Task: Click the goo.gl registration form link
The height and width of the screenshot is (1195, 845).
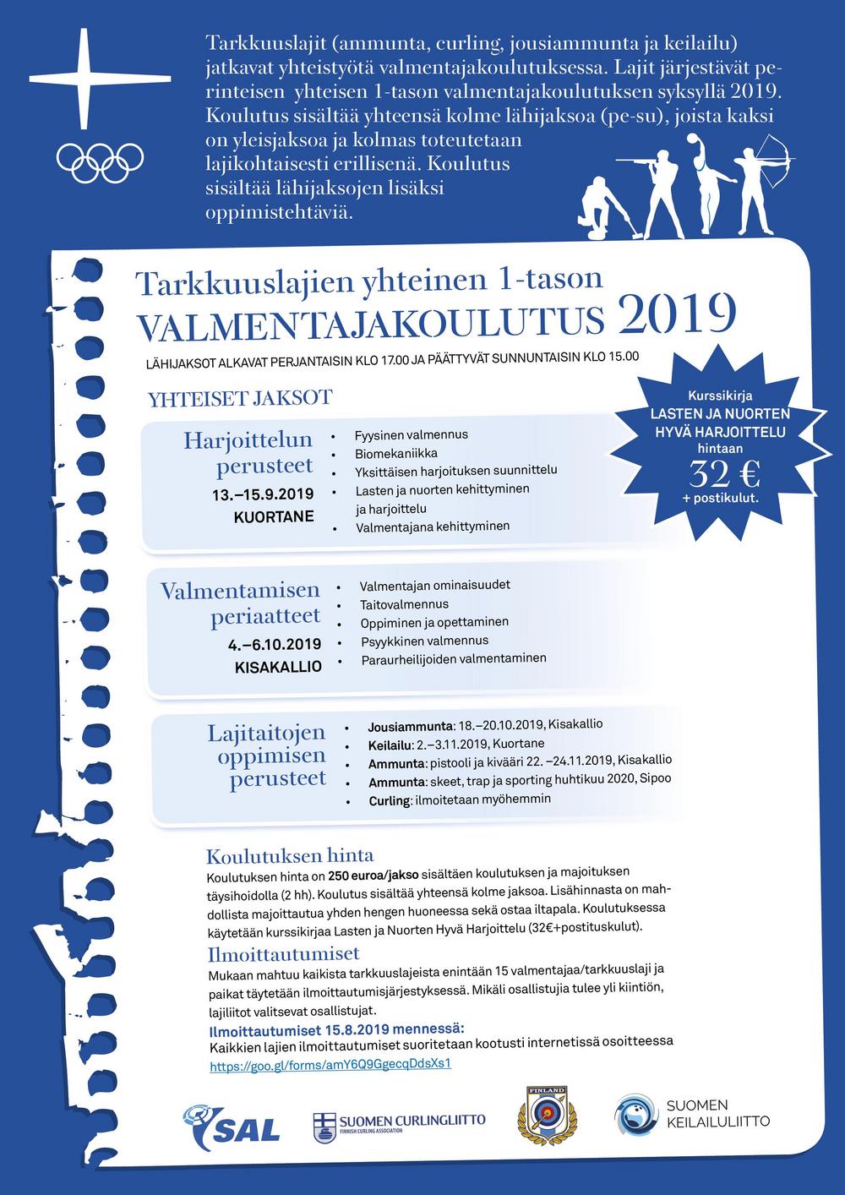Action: pyautogui.click(x=330, y=1064)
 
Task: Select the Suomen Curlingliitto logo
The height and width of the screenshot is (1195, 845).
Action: pyautogui.click(x=399, y=1123)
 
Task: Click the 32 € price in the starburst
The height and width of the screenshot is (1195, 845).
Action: pyautogui.click(x=724, y=474)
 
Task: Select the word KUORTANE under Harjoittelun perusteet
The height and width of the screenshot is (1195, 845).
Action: pyautogui.click(x=273, y=516)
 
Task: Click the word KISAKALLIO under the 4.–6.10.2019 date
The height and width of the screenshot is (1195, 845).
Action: pyautogui.click(x=278, y=667)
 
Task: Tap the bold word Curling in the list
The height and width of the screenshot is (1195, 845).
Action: pyautogui.click(x=390, y=799)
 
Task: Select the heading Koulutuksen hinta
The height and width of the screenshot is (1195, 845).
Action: pyautogui.click(x=290, y=854)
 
